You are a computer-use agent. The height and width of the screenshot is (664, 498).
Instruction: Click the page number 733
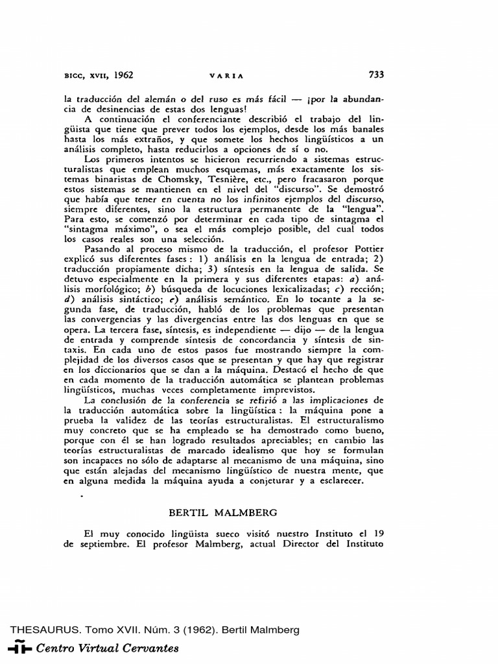tap(376, 75)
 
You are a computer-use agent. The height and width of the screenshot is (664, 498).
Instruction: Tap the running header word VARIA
tap(226, 75)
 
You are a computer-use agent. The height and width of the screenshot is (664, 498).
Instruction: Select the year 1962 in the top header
tap(123, 75)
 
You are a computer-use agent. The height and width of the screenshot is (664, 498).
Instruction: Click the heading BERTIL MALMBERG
tap(222, 512)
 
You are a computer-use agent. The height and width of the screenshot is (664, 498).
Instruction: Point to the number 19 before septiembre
tap(380, 533)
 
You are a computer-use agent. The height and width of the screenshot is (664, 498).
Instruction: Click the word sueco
tap(207, 533)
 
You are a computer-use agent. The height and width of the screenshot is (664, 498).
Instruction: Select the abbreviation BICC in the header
tap(74, 75)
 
